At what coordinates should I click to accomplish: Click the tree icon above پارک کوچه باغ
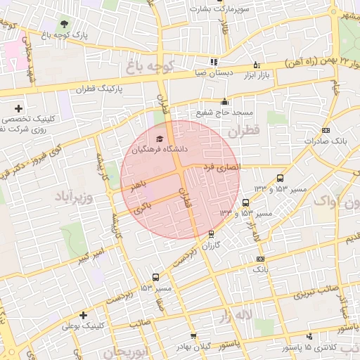[66, 24]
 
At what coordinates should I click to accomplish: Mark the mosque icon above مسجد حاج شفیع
[224, 101]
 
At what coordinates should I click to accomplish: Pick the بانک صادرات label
[328, 141]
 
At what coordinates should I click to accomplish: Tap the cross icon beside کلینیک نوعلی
[84, 315]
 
